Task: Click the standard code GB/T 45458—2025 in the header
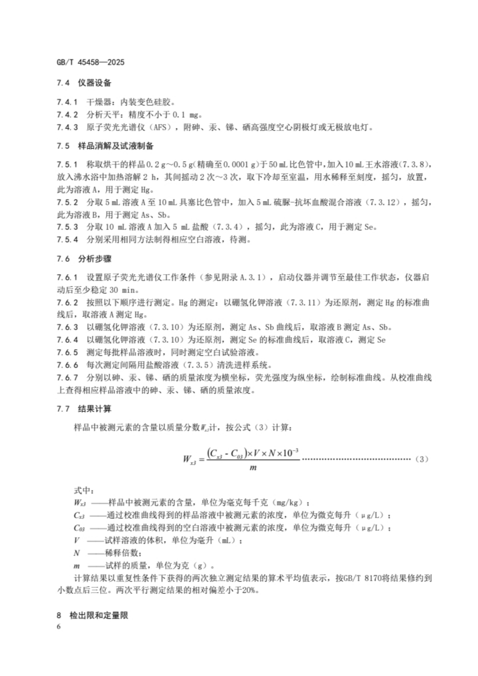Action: tap(90, 62)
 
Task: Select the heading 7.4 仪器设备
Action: tap(84, 83)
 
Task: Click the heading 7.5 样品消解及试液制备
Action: tap(105, 146)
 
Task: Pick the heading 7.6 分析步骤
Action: tap(84, 259)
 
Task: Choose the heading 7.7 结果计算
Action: tap(84, 409)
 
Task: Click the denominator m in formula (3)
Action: tap(253, 468)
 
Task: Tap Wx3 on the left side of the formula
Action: tap(189, 459)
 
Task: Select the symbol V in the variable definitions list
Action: tap(77, 541)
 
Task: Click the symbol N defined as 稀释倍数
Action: tap(77, 553)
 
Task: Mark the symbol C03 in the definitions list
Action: tap(79, 528)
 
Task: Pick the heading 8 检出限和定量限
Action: tap(92, 616)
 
